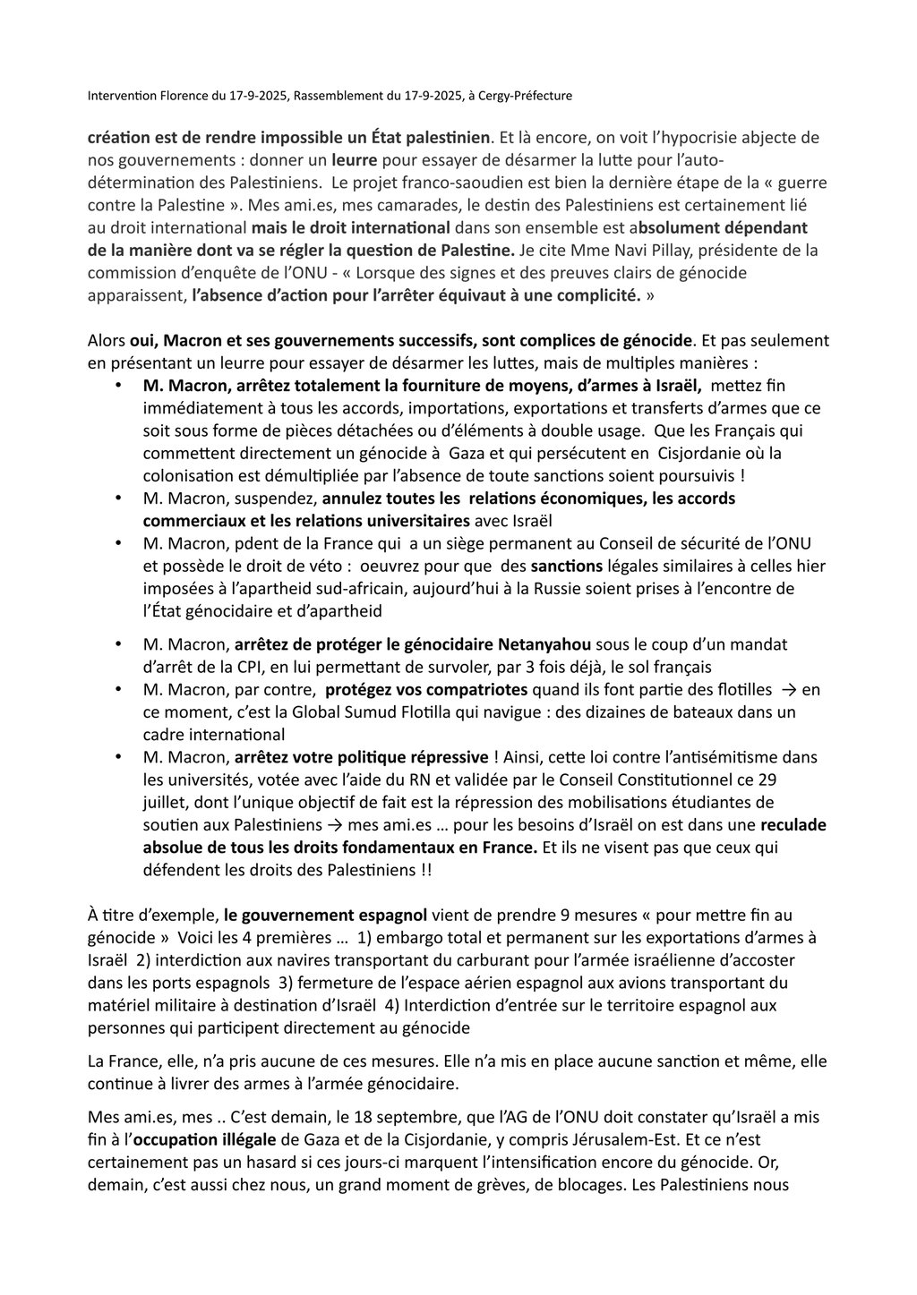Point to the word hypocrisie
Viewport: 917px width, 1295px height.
(656, 138)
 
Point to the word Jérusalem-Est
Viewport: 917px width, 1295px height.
(630, 1140)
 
